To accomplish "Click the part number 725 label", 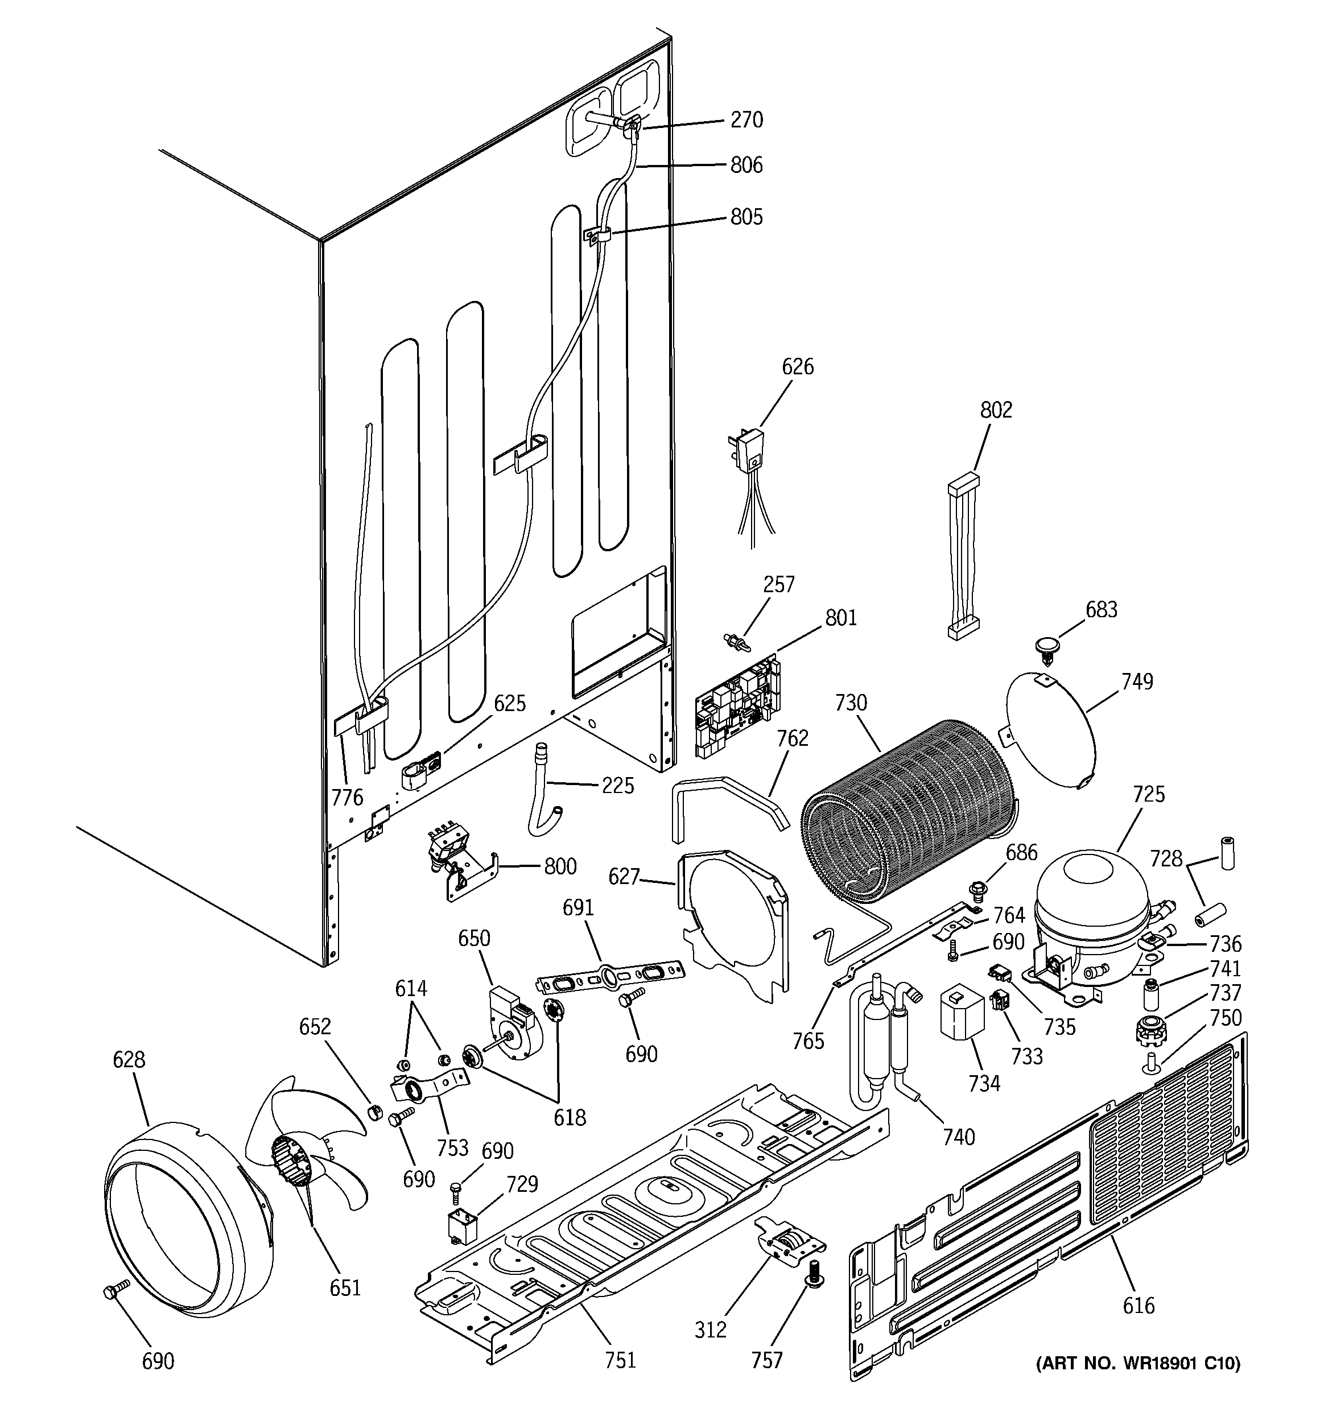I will click(1148, 794).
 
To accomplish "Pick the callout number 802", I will click(996, 410).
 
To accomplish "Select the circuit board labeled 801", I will click(737, 708).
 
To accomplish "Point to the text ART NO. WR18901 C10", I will click(1138, 1364).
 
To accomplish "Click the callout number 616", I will click(1138, 1304).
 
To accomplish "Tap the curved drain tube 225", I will click(544, 790).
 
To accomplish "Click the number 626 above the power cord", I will click(798, 367).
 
